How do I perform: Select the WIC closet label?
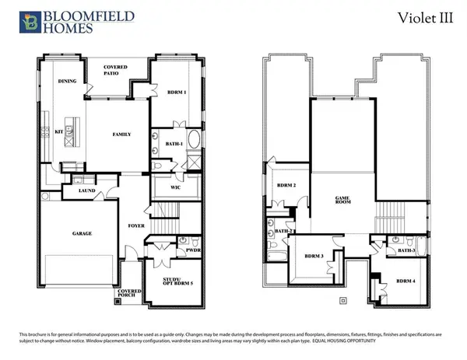pos(175,187)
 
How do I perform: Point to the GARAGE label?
pos(83,233)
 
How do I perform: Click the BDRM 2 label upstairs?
pos(287,185)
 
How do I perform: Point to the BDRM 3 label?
pos(314,256)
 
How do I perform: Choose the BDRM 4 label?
pos(405,281)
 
